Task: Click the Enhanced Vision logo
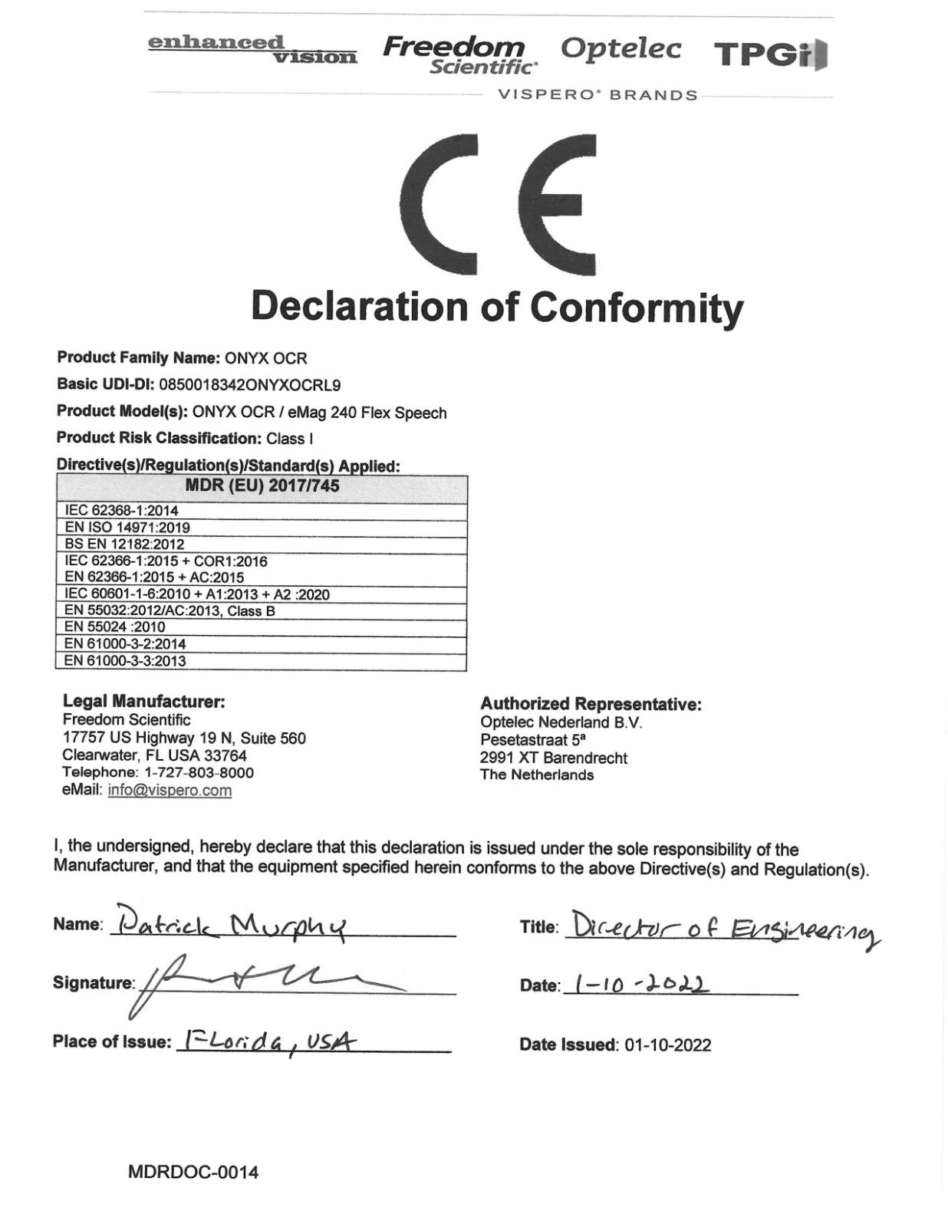[252, 49]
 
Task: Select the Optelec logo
[620, 48]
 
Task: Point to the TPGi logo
[770, 54]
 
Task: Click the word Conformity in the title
[637, 307]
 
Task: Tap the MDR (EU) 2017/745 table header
[262, 486]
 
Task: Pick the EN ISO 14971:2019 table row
[127, 528]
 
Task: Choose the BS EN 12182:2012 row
[124, 544]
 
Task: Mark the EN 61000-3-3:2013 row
[125, 661]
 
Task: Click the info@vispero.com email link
[170, 791]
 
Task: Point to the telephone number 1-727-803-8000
[199, 773]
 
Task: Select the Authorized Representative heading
[591, 704]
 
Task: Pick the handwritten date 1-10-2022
[641, 983]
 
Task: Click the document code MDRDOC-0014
[193, 1172]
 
